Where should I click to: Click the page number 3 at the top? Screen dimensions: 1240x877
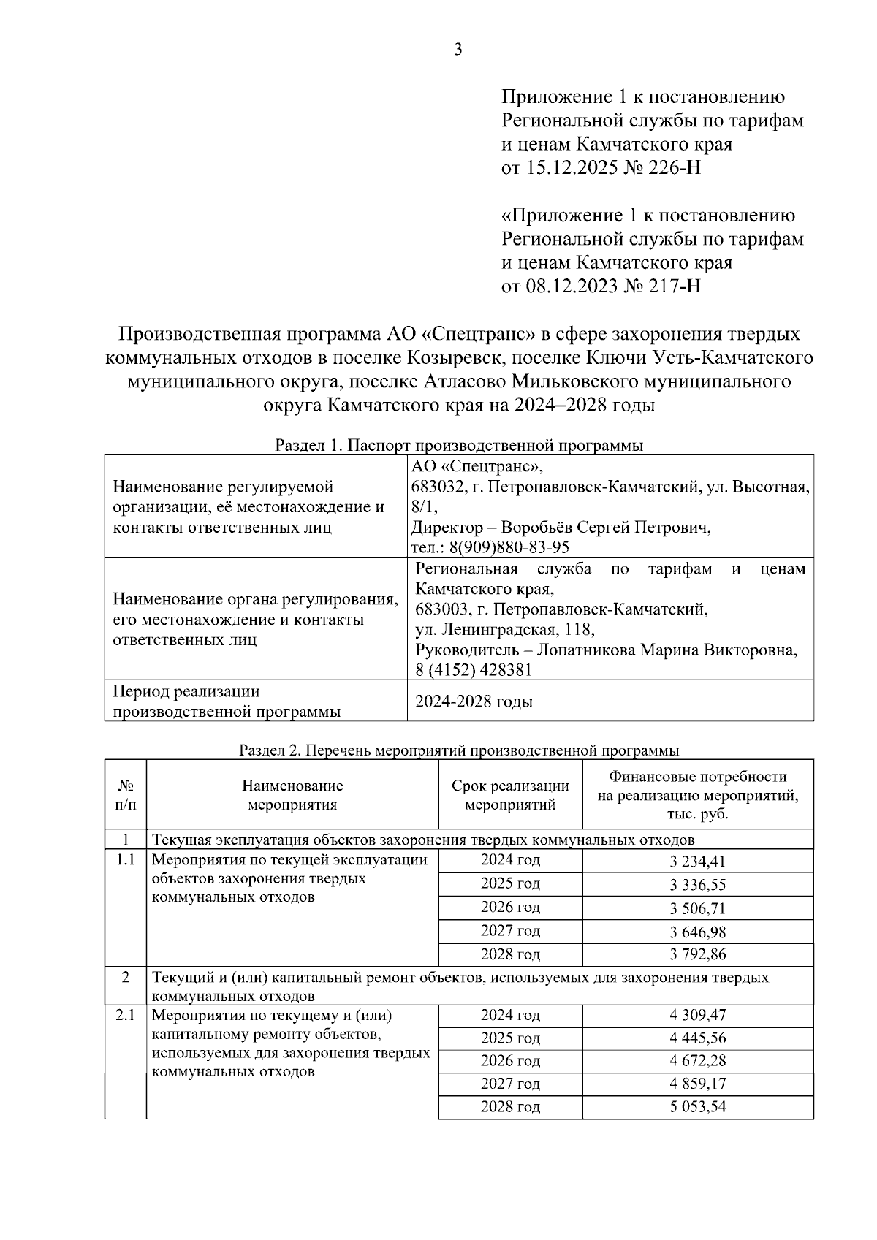click(x=458, y=50)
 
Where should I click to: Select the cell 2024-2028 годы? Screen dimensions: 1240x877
click(x=474, y=701)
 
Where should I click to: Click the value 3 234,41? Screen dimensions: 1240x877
click(x=697, y=861)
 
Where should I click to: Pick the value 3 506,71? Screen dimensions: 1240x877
click(x=697, y=908)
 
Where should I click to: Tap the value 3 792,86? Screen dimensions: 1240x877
click(x=697, y=954)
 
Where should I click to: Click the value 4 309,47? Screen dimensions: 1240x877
click(x=697, y=1015)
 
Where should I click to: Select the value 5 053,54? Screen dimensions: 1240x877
click(x=697, y=1106)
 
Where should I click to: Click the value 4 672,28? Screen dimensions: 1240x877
click(x=697, y=1060)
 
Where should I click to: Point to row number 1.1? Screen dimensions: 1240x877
click(x=125, y=860)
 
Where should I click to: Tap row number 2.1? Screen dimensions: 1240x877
click(x=125, y=1015)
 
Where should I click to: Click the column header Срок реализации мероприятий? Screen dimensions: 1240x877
click(x=510, y=795)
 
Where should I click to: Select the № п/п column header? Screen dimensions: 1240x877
click(x=125, y=795)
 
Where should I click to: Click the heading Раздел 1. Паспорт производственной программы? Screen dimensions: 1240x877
click(x=459, y=445)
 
